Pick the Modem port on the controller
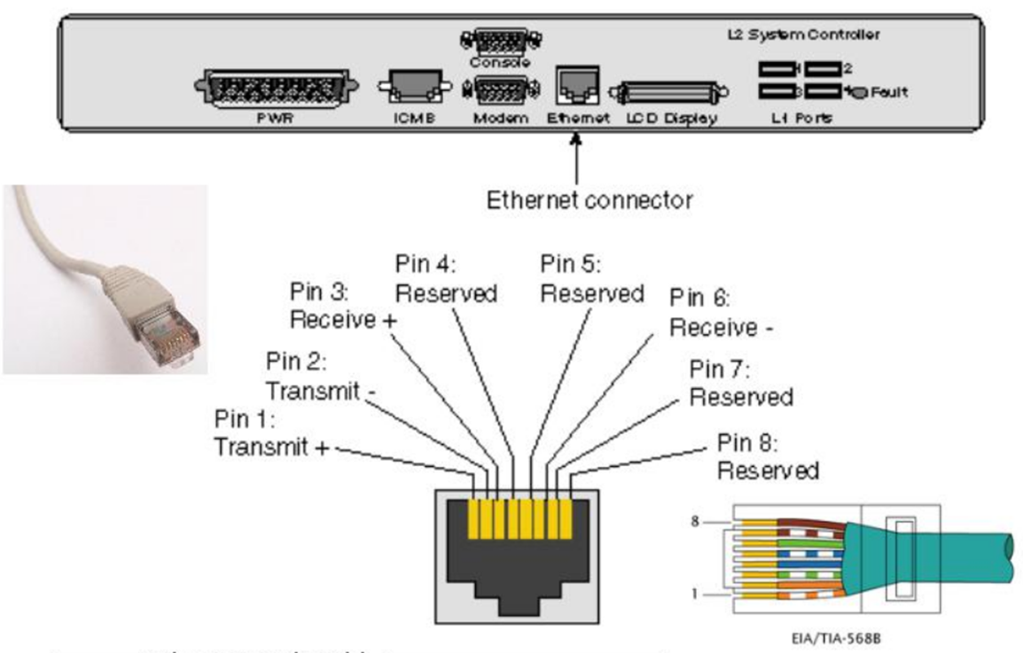click(x=503, y=89)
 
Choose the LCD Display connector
click(x=673, y=91)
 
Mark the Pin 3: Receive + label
click(x=341, y=306)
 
